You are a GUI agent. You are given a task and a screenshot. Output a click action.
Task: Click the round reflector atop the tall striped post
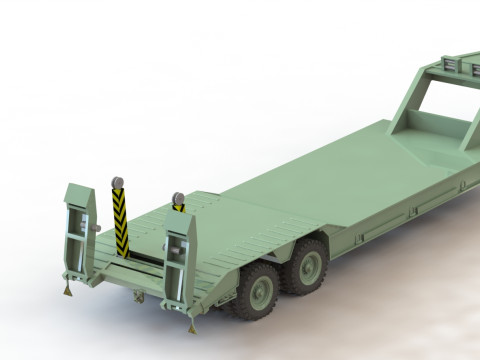(118, 181)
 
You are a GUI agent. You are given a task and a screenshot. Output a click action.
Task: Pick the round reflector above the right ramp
(179, 197)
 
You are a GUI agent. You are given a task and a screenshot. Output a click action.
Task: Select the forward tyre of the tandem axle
(310, 263)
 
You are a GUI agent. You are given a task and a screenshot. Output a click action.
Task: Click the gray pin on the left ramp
(96, 228)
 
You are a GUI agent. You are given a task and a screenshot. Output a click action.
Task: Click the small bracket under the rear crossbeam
(138, 297)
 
